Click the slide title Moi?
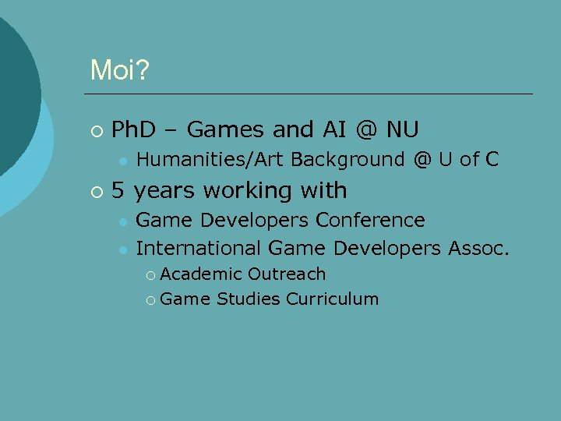[120, 71]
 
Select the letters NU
[402, 129]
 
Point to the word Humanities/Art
[210, 160]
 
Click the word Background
[348, 160]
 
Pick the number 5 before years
[119, 190]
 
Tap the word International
[198, 249]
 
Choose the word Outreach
[287, 274]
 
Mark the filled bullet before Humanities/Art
[122, 161]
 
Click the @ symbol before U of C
[422, 160]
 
